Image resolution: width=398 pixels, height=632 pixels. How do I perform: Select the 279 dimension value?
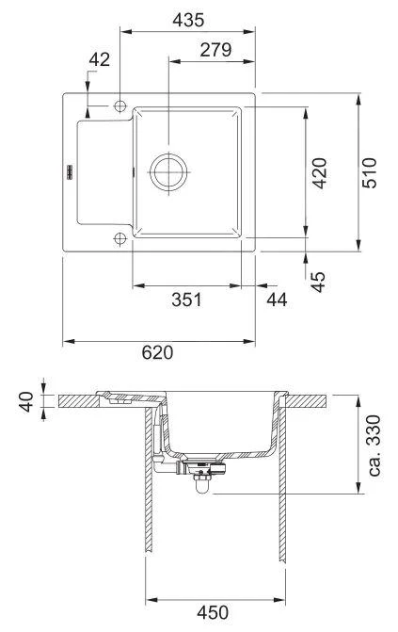(215, 50)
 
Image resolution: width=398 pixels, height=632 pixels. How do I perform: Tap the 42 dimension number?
(99, 59)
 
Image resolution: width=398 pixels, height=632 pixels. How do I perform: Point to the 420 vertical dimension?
(320, 173)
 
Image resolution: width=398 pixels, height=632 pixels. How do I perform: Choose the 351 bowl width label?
(187, 300)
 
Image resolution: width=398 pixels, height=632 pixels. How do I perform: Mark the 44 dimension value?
(276, 300)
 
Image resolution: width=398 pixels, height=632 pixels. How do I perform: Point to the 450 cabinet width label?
(215, 612)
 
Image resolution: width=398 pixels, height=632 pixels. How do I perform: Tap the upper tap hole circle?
(120, 106)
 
